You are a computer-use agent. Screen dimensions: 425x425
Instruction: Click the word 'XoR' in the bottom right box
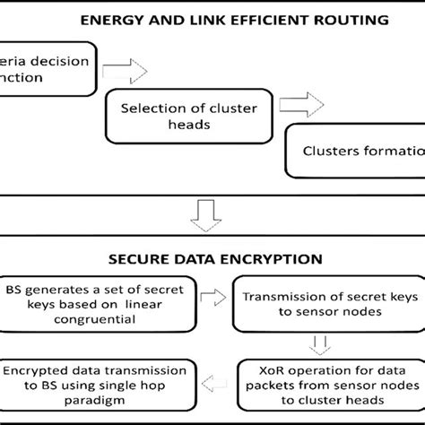pos(257,369)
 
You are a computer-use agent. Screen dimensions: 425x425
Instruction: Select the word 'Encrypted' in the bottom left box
pos(35,369)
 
